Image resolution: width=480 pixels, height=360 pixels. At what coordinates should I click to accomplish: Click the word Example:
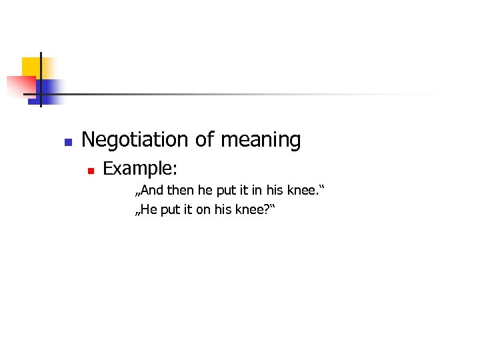[139, 169]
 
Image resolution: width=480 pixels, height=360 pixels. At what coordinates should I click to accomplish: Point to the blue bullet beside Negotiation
[67, 142]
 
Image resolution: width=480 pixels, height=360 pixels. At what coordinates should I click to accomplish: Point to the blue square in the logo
[51, 91]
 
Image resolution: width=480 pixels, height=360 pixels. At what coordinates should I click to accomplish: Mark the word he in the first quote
[203, 192]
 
